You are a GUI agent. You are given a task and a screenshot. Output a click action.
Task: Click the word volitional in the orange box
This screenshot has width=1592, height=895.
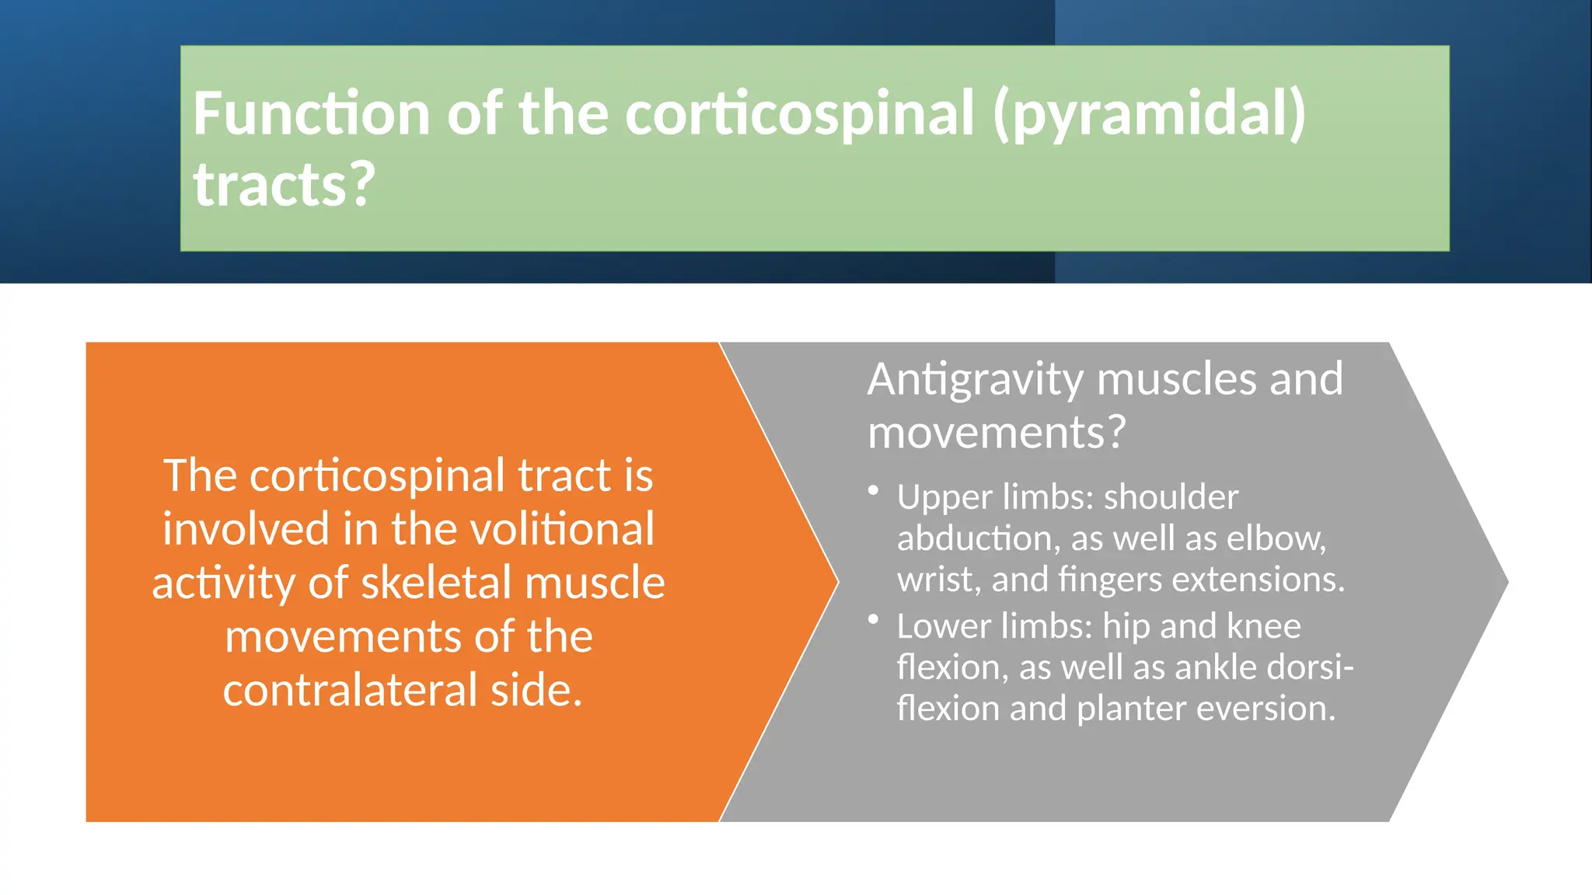522,529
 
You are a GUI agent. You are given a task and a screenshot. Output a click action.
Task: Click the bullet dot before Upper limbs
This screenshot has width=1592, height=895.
874,490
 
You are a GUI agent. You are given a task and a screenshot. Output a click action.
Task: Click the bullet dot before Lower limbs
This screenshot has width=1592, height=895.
874,619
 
